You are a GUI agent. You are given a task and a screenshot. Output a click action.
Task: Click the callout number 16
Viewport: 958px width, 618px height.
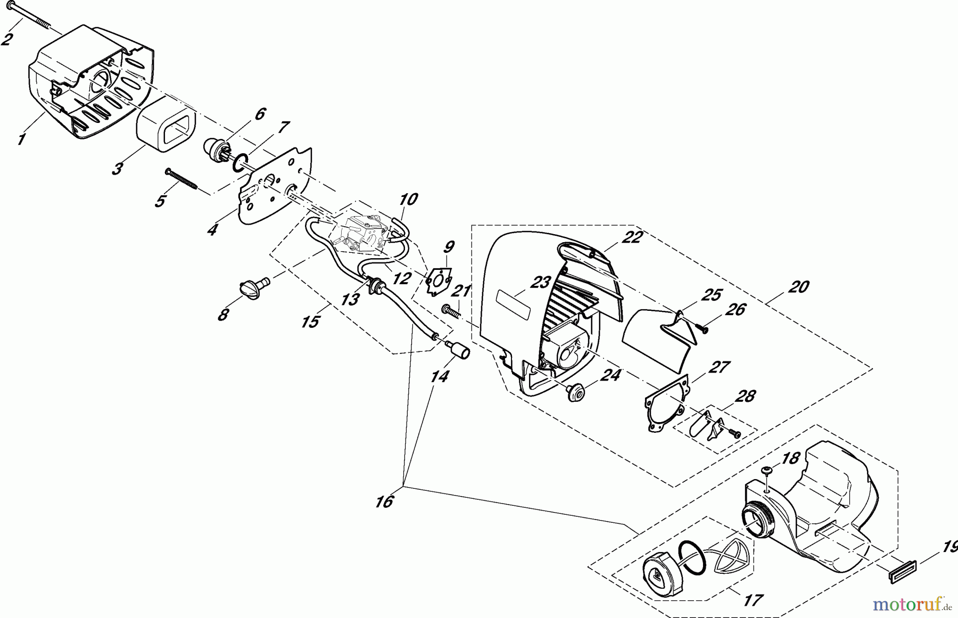[384, 501]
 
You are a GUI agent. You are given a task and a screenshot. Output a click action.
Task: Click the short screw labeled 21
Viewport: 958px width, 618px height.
[450, 310]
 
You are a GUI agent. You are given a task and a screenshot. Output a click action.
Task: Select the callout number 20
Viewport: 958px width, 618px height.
[798, 287]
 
